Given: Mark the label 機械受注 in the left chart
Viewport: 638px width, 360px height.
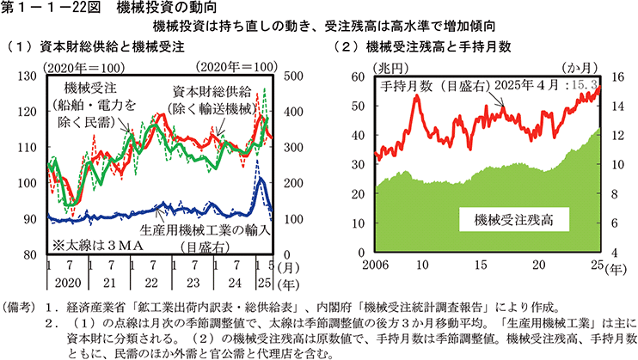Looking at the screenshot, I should [x=89, y=88].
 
